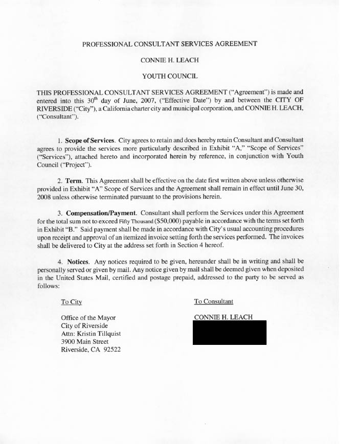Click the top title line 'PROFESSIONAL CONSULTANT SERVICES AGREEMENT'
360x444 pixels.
[169, 44]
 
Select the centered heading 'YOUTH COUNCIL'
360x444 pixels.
[169, 76]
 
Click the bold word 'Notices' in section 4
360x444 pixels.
[78, 262]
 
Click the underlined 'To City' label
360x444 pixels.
[71, 302]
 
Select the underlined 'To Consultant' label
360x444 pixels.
[213, 301]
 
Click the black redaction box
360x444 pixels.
[229, 333]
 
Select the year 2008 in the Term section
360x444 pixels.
[46, 197]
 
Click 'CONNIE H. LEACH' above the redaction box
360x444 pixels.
[223, 317]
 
